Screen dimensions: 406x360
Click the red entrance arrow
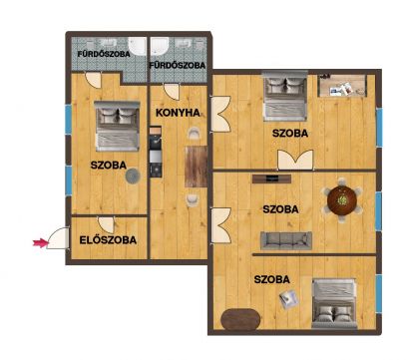click(40, 243)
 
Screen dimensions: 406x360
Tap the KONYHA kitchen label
click(178, 113)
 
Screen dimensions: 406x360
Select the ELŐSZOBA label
click(108, 240)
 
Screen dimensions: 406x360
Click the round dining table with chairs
click(342, 200)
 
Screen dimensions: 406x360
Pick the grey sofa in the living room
click(286, 240)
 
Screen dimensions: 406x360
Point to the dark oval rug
click(240, 319)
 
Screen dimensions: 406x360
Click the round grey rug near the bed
click(133, 177)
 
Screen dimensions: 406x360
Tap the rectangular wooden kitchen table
click(197, 167)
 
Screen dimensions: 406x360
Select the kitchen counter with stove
click(156, 152)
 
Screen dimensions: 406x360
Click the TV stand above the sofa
click(271, 179)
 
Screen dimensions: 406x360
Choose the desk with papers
click(342, 86)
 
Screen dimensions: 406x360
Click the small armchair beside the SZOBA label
click(288, 299)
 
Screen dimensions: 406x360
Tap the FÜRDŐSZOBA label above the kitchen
click(177, 66)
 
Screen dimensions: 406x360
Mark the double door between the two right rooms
click(295, 160)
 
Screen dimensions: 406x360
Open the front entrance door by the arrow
click(59, 238)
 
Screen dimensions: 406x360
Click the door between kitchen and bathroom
click(172, 92)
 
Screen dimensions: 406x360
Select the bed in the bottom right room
click(334, 304)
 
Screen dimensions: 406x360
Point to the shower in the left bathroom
click(137, 46)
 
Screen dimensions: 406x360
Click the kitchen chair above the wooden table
click(193, 134)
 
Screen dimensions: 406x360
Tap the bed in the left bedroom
click(117, 127)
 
